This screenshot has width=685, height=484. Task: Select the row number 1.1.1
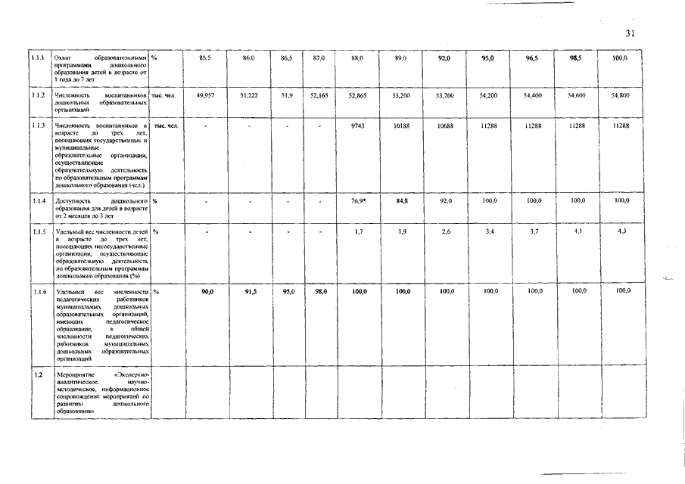[36, 58]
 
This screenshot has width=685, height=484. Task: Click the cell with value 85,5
[205, 58]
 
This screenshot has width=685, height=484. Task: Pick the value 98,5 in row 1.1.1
[575, 58]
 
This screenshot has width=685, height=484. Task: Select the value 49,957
[205, 96]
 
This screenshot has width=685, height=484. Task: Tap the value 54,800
[619, 96]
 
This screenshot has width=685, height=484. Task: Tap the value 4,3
[621, 231]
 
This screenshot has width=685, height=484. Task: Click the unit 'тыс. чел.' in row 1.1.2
[163, 96]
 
